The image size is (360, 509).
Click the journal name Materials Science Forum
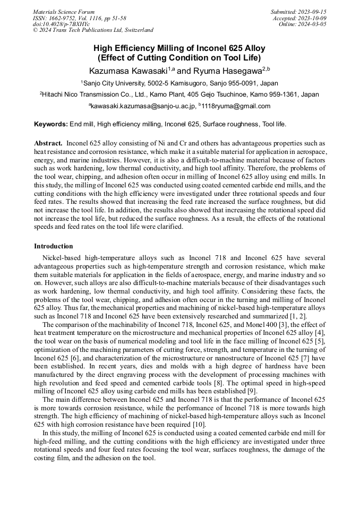64,12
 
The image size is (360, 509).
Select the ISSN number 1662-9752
62,18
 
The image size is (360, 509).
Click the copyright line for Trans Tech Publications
93,30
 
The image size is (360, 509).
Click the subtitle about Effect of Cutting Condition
179,58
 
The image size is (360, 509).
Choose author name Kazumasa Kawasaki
128,71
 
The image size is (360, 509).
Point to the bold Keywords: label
51,124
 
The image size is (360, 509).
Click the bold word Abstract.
48,144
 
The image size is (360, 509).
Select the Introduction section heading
53,246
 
